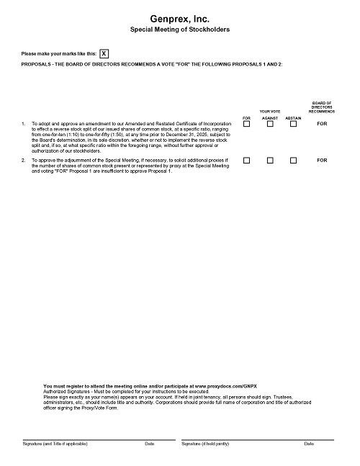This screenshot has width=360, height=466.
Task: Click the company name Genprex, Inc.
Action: (180, 19)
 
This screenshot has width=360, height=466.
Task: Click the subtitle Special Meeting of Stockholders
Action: (180, 31)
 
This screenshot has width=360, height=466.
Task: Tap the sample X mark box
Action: (105, 54)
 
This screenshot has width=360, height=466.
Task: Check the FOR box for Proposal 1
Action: (246, 125)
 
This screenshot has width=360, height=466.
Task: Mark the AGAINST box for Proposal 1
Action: (270, 125)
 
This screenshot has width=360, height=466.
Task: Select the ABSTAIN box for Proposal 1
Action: (293, 125)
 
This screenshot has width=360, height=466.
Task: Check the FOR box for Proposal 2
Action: (246, 161)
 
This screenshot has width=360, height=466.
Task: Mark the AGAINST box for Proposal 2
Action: (270, 161)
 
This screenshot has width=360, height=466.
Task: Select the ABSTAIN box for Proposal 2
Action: (293, 161)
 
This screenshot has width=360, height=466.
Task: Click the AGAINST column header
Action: (270, 117)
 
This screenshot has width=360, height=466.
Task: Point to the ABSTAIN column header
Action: (293, 117)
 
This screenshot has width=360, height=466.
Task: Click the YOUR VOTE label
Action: (270, 111)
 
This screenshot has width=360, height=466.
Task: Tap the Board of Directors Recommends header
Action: (321, 107)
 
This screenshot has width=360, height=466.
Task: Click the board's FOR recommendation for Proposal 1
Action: (321, 125)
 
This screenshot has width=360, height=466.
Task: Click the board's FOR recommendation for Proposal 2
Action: (321, 161)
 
